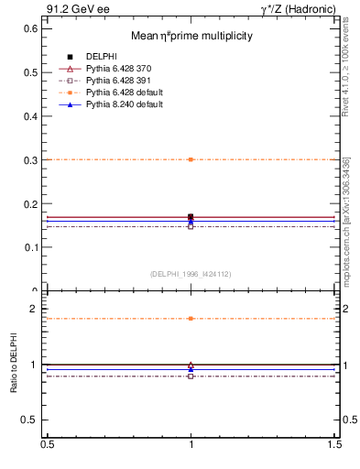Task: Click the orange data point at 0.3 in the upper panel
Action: coord(191,159)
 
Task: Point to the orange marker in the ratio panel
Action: coord(191,319)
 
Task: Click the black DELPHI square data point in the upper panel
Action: coord(191,216)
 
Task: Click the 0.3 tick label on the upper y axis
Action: coord(29,159)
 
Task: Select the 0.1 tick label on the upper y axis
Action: coord(29,247)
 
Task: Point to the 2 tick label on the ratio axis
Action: coord(35,310)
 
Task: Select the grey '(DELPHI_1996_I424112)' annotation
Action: coord(191,273)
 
